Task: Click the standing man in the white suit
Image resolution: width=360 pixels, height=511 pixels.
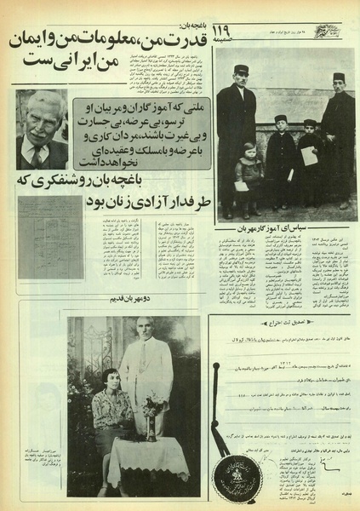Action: pos(147,375)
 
